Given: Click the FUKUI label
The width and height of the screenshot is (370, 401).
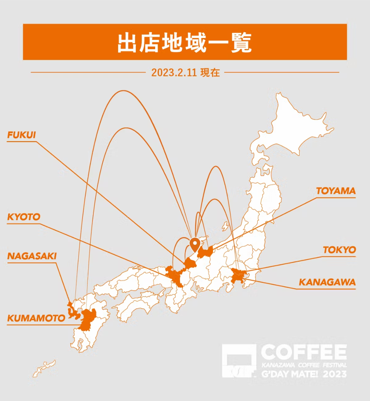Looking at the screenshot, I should point(22,135).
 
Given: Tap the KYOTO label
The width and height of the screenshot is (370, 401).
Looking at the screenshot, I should point(24,217).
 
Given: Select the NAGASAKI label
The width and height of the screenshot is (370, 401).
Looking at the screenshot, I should point(32,256).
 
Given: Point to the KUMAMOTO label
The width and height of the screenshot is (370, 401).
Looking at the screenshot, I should point(36,318).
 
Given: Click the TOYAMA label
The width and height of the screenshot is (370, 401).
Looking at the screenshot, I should point(336,191).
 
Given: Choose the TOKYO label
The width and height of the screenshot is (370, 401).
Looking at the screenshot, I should point(339,250).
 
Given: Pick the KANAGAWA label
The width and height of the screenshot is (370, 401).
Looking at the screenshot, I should point(327,282).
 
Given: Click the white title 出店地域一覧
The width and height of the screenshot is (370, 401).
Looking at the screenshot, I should point(185,42).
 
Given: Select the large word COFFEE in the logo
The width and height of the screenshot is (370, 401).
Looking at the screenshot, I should point(303,352).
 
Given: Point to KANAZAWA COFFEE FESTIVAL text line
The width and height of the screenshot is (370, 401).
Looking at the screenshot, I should point(303,365).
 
